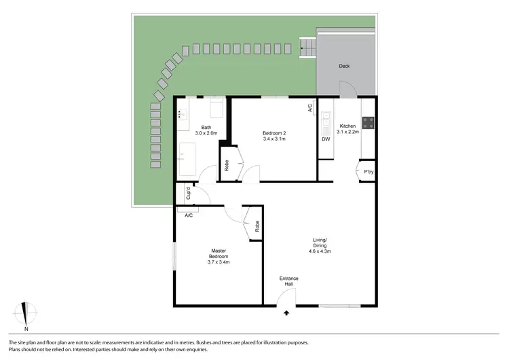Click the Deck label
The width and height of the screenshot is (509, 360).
coord(344,67)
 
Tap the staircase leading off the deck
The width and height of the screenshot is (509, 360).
coord(308,48)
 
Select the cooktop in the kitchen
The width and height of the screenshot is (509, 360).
coord(369,123)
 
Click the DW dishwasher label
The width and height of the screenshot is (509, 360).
coord(326,139)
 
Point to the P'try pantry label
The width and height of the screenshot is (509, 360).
coord(369,172)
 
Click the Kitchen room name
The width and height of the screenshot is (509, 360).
coord(347,126)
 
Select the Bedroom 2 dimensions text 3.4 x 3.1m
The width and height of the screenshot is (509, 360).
coord(274,139)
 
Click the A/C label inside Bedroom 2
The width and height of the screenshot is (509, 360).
coord(310,107)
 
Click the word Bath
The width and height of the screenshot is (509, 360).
coord(206,127)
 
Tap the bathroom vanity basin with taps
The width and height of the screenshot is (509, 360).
coord(182,114)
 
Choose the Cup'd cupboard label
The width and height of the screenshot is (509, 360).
coord(188,192)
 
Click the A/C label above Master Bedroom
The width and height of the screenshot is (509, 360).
coord(189,215)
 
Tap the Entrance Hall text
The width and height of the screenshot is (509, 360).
coord(289,282)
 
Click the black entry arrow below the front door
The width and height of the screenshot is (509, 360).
coord(286,313)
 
